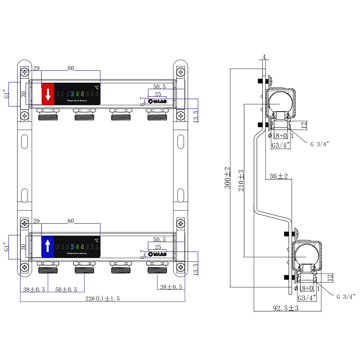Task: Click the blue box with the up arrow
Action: click(x=48, y=246)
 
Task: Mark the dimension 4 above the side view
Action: click(x=264, y=57)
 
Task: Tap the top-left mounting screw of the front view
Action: click(x=25, y=72)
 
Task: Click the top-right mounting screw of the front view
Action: click(x=180, y=72)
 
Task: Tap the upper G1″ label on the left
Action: click(x=6, y=95)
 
